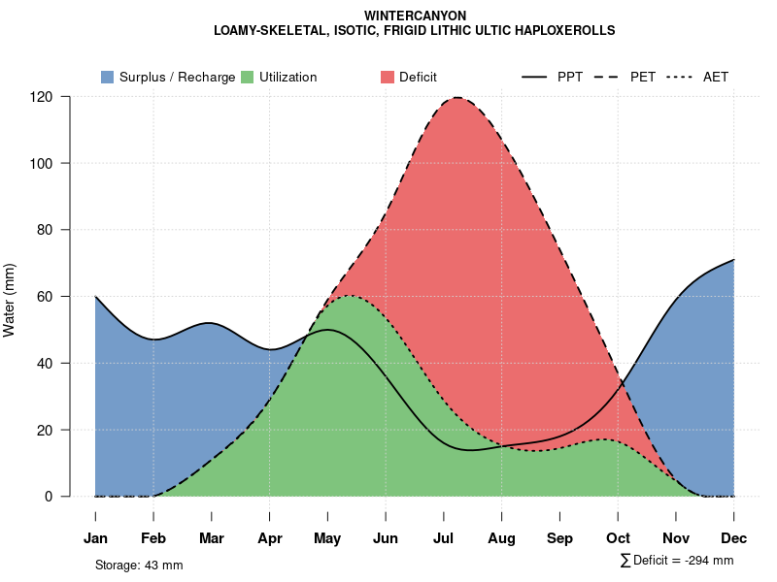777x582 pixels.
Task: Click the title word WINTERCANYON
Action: [x=415, y=16]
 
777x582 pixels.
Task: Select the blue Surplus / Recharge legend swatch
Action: [x=107, y=77]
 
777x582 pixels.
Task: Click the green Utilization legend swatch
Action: [x=247, y=77]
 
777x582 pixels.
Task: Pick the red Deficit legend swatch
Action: [x=387, y=77]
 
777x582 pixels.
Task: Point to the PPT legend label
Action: [x=570, y=77]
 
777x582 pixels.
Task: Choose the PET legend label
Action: [x=643, y=77]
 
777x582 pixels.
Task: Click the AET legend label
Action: [x=716, y=77]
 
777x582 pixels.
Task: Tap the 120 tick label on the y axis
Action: [x=41, y=97]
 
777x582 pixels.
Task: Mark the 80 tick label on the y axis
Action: [x=45, y=230]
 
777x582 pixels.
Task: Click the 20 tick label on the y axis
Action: [x=45, y=430]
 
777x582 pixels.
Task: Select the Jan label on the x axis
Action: [x=95, y=538]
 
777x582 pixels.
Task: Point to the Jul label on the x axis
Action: [x=444, y=538]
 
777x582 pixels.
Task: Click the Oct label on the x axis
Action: [x=618, y=538]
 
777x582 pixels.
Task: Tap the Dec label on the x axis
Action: [x=734, y=538]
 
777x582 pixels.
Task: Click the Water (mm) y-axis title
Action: [x=9, y=300]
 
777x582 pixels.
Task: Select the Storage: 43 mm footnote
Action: [x=139, y=565]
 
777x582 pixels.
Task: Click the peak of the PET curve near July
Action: [x=456, y=97]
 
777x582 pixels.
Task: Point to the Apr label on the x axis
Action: [x=270, y=538]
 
